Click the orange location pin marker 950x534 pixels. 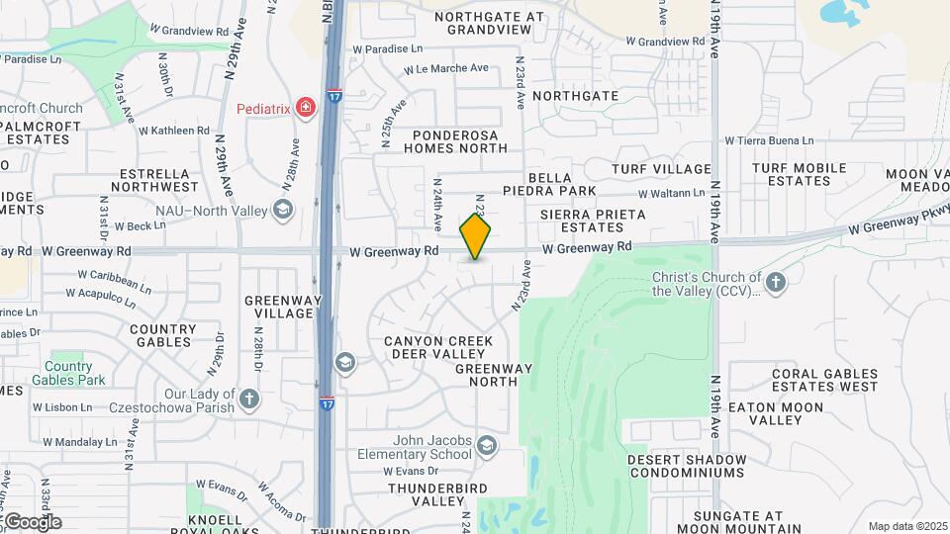pos(475,236)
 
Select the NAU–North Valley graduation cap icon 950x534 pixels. pos(283,209)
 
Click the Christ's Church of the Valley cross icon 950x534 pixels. pos(776,284)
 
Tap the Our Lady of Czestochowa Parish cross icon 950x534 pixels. pos(248,400)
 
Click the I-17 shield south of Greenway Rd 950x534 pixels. pos(327,403)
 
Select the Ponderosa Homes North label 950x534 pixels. pos(455,141)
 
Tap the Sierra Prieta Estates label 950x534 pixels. pos(593,221)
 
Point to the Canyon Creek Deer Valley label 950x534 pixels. pos(438,347)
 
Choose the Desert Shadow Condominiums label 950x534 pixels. pos(687,466)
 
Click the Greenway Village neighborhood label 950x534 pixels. pos(278,307)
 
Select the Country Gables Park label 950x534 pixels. pos(68,373)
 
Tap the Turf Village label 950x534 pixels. pos(661,170)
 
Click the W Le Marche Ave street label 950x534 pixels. pos(446,68)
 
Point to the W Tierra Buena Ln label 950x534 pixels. pos(769,141)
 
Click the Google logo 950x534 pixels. pos(33,521)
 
